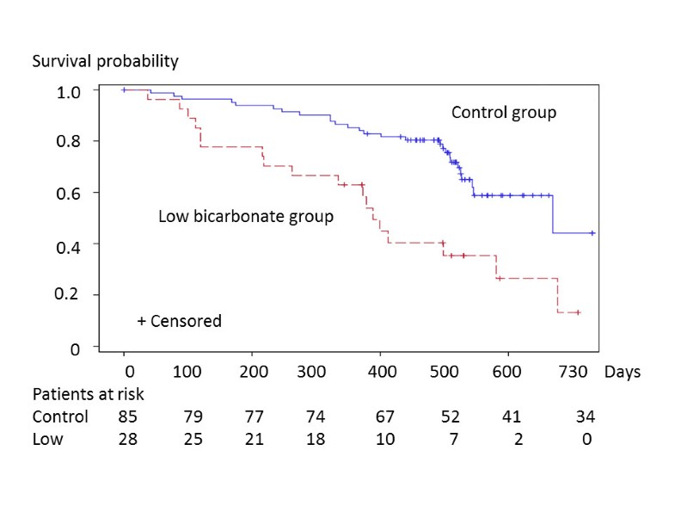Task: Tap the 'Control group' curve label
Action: pos(504,113)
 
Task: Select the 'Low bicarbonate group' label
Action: pos(246,216)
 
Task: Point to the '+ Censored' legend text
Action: pos(179,321)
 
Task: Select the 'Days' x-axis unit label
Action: pos(622,373)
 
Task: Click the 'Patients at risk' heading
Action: pos(89,395)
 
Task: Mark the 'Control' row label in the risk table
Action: pos(60,417)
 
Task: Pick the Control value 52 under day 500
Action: pos(447,417)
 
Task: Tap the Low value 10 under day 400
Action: pos(384,439)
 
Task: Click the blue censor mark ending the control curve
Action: pos(592,233)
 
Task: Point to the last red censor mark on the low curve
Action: pos(578,312)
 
